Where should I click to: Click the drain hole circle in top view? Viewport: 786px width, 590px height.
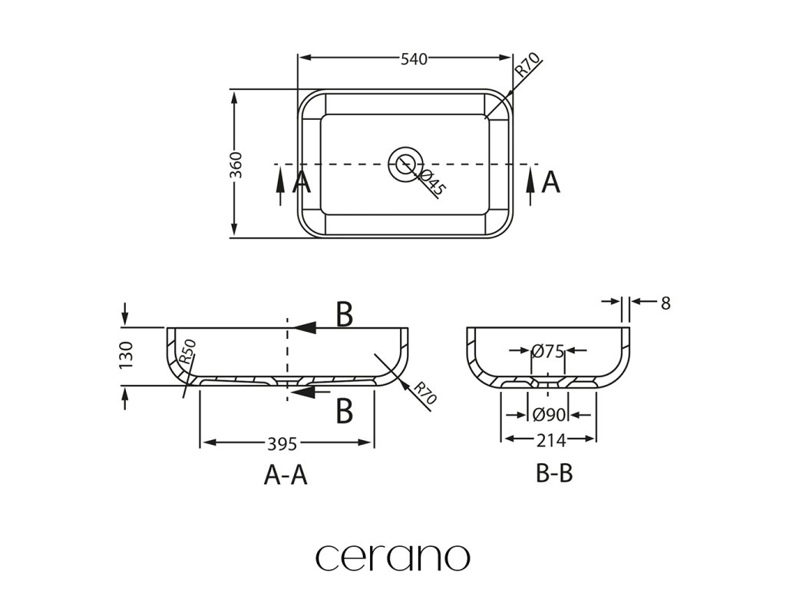coord(405,163)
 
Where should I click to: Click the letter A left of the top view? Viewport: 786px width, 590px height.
coord(301,183)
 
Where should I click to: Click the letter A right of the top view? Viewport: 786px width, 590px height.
coord(550,183)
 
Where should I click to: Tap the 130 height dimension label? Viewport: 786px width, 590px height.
coord(127,356)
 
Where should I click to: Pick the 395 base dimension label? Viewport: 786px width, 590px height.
coord(283,443)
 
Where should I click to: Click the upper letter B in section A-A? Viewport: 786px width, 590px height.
coord(345,315)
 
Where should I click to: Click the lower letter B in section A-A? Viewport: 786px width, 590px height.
coord(345,411)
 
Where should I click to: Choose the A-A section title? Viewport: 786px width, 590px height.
coord(286,476)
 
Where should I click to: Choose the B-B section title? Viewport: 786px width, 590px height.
coord(554,474)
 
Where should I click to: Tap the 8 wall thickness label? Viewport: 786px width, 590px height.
coord(665,303)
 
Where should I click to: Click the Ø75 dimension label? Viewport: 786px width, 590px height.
coord(548,351)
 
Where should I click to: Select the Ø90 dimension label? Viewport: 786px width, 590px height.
coord(549,415)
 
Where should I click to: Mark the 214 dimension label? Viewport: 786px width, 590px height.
coord(550,440)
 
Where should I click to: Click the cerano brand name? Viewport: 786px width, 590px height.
coord(392,556)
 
